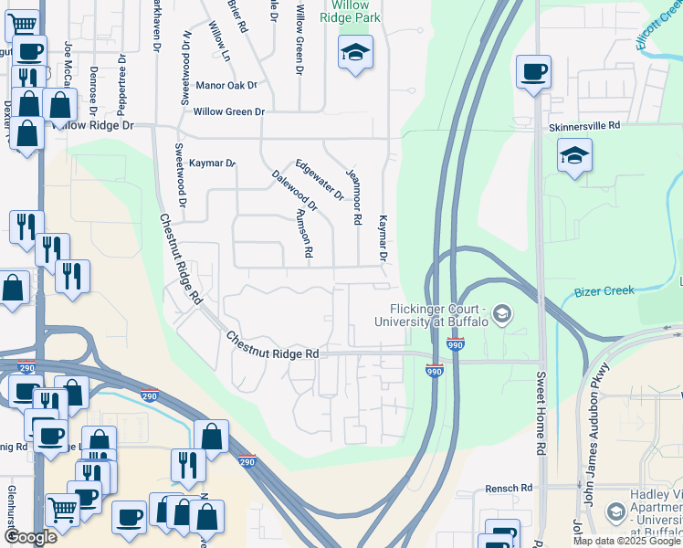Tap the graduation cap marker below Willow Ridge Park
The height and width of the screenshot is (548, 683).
click(x=355, y=52)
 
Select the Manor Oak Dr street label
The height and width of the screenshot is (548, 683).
click(x=227, y=85)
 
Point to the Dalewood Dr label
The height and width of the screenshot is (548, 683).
click(x=295, y=191)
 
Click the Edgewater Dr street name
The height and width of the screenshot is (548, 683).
click(x=319, y=180)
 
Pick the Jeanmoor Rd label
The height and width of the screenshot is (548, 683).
click(x=352, y=196)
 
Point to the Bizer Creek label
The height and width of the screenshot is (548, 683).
click(x=604, y=291)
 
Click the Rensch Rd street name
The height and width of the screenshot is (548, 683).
click(x=508, y=489)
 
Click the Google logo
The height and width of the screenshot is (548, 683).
click(x=30, y=537)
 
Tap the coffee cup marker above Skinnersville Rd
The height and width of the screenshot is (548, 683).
click(x=533, y=70)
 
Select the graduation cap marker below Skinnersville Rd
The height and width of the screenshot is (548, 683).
click(x=574, y=155)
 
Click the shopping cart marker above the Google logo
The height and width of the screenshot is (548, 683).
click(x=62, y=509)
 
